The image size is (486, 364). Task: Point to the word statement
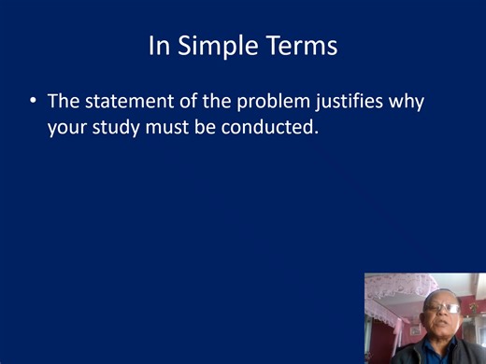121,101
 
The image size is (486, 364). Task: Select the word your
65,126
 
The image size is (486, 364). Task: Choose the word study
114,126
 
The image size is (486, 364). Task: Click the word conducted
272,126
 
